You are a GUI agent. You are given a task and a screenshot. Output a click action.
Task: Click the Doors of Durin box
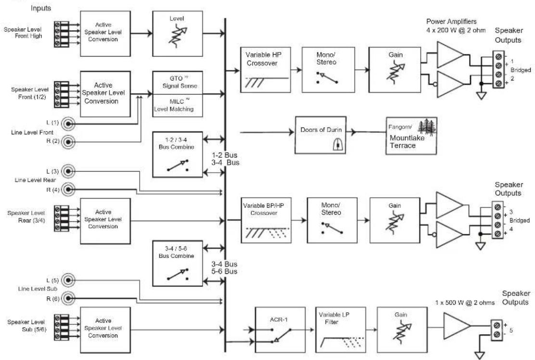pos(321,135)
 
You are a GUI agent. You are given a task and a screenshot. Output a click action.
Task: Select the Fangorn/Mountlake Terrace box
pos(411,136)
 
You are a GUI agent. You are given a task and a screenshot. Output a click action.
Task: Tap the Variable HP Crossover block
pos(266,70)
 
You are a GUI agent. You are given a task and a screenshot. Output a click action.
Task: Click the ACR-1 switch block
pos(280,330)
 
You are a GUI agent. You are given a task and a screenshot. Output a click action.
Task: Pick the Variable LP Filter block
pos(341,330)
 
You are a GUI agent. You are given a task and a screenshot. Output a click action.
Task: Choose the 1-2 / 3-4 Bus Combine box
pos(178,154)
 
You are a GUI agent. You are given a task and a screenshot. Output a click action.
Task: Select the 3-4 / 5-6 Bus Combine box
pos(178,263)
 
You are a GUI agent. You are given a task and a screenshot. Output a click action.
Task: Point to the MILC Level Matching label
pos(174,105)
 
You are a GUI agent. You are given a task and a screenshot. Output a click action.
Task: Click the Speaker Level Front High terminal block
pos(62,34)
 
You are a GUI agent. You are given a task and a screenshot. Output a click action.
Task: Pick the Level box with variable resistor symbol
pos(178,33)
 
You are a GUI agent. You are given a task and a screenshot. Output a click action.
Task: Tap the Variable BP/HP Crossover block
pos(266,220)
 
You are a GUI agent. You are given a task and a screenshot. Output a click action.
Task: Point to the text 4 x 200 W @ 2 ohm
pos(456,30)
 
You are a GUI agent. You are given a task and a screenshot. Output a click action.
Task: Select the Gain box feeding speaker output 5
pos(402,330)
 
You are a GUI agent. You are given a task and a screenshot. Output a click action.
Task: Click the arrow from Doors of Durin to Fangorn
pos(366,132)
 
